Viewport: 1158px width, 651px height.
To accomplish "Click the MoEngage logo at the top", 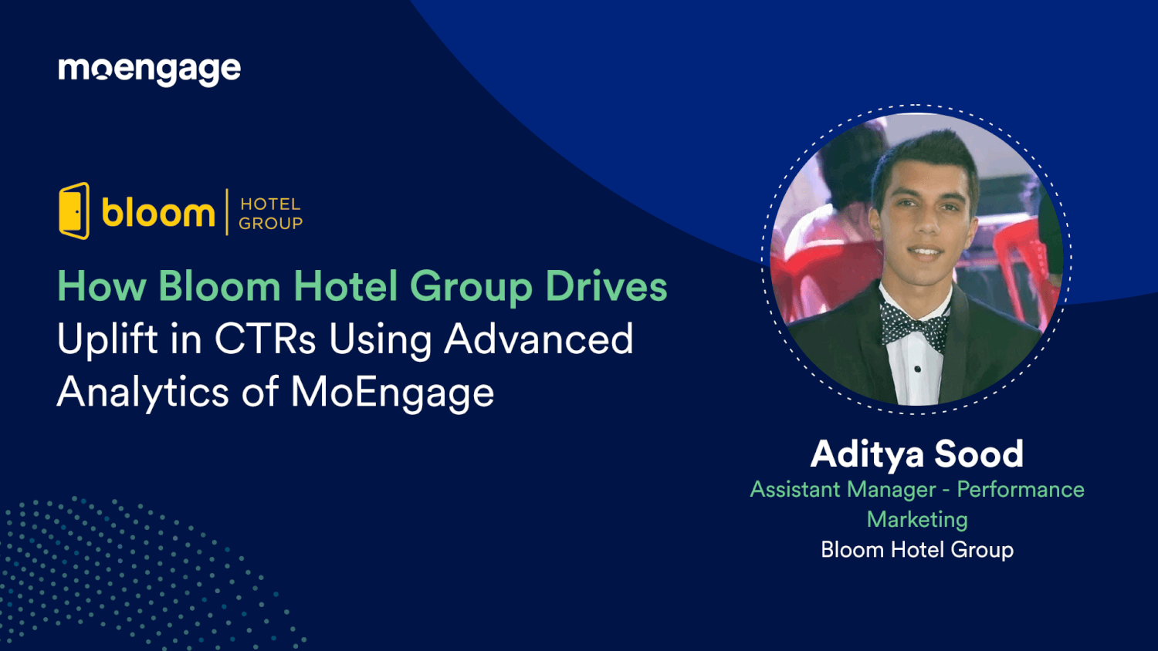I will pos(150,70).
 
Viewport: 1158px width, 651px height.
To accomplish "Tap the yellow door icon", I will pos(74,211).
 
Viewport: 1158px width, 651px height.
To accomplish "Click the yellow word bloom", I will pos(158,213).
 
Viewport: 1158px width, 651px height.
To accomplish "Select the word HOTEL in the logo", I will pos(270,204).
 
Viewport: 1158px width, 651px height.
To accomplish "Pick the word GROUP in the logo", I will pos(270,224).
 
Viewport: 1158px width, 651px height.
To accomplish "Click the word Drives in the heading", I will pos(606,287).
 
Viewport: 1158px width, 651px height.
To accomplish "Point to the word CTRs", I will pos(265,339).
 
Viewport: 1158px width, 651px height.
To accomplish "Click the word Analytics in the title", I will pos(143,392).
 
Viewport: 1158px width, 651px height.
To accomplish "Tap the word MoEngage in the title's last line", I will pos(392,392).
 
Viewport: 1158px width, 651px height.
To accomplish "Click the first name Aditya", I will pos(867,454).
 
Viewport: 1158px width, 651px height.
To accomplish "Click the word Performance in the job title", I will pos(1020,490).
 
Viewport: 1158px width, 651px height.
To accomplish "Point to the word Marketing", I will pos(917,520).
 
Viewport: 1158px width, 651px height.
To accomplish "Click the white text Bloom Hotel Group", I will pos(917,550).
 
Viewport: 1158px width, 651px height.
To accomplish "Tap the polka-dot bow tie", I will pos(916,324).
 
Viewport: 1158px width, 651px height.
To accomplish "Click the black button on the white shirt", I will pos(917,369).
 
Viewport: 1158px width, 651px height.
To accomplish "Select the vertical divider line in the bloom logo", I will pos(227,212).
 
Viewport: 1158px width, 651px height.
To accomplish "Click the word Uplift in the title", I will pos(108,339).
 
